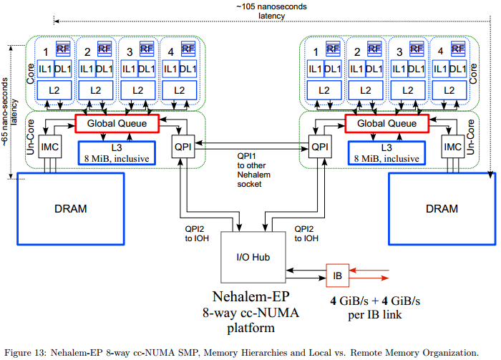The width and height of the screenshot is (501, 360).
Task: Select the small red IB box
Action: (x=337, y=273)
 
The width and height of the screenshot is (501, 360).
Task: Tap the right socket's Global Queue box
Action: (x=381, y=124)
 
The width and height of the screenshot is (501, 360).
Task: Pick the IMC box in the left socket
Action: (x=49, y=147)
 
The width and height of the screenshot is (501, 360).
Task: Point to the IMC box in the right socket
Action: (x=452, y=147)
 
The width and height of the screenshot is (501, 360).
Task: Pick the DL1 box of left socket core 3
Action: (x=147, y=69)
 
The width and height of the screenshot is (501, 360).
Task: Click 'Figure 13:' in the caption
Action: (x=29, y=353)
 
